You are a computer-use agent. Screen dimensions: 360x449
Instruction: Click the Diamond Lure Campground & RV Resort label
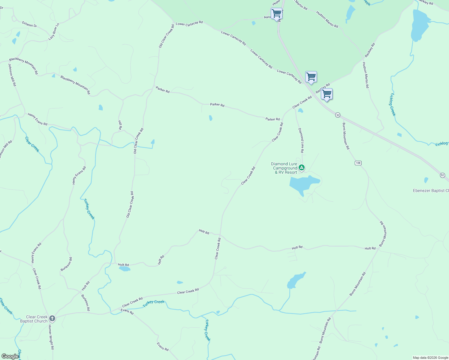click(x=284, y=168)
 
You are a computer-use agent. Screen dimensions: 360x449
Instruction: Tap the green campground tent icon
click(x=302, y=168)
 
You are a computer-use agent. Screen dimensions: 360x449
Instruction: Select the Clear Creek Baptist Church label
click(x=34, y=319)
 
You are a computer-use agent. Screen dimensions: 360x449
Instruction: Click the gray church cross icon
click(x=52, y=319)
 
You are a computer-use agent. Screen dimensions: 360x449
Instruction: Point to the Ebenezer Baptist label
click(x=431, y=191)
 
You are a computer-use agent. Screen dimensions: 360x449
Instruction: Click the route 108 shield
click(x=358, y=163)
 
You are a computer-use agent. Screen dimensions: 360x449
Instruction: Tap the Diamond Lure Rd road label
click(x=301, y=140)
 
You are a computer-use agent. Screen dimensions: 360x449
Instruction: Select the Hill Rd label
click(x=120, y=125)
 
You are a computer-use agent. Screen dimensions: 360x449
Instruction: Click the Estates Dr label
click(x=29, y=24)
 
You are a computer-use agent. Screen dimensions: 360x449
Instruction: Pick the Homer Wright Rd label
click(x=51, y=337)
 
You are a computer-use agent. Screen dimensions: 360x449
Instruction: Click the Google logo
click(x=10, y=356)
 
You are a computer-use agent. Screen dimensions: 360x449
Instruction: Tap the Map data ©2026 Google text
click(x=430, y=358)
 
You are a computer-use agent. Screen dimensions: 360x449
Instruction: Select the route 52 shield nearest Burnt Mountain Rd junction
click(x=338, y=115)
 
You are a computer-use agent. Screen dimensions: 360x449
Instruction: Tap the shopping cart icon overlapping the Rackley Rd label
click(x=327, y=94)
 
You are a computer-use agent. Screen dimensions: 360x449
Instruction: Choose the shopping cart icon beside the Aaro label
click(x=276, y=13)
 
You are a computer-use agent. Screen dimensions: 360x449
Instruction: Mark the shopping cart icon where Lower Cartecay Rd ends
click(x=311, y=77)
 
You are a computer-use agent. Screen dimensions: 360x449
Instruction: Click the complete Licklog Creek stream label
click(x=393, y=104)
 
